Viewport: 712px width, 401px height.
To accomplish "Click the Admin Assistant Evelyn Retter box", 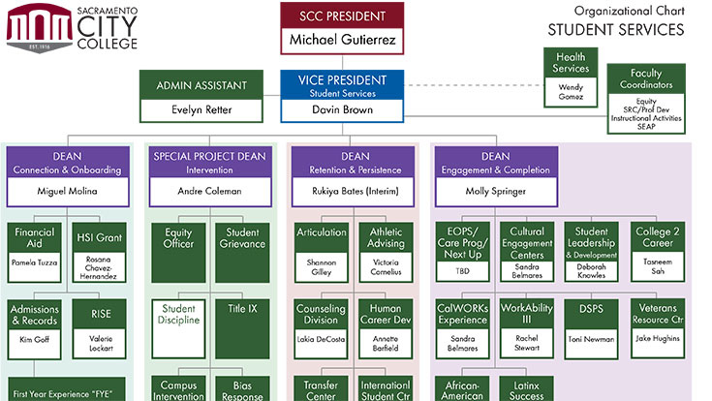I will (201, 96).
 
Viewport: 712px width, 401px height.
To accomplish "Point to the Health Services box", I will (571, 78).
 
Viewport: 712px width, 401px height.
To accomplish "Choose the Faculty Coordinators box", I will (646, 99).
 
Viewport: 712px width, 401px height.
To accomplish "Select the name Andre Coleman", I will (208, 191).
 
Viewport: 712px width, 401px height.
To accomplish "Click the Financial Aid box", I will (35, 248).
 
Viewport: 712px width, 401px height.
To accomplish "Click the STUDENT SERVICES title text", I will (615, 30).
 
